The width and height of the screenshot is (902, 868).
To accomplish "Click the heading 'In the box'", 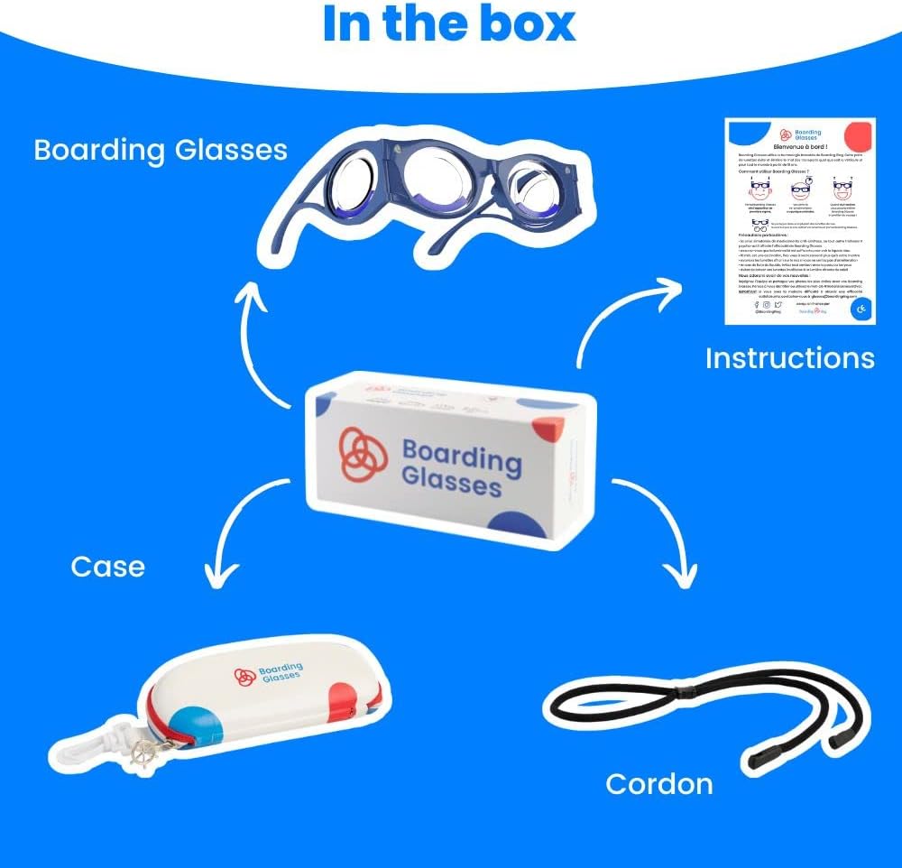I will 449,24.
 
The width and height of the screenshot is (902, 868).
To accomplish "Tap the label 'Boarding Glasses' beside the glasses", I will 161,150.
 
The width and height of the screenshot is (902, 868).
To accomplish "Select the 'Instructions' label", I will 789,358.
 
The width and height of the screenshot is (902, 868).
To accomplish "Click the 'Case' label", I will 107,567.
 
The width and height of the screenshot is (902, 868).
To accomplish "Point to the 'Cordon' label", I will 658,783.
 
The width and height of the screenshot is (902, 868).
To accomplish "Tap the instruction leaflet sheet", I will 800,221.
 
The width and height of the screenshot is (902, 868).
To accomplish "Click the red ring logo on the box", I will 363,451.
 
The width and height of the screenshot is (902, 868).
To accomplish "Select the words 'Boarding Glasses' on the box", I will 461,467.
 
